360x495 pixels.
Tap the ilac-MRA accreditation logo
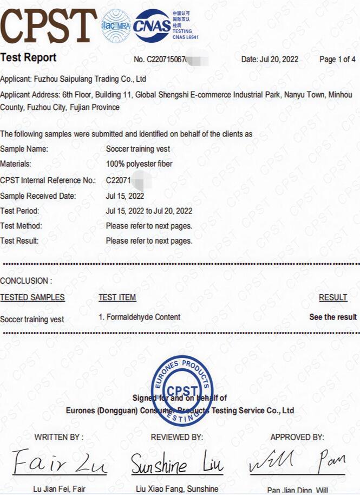point(115,25)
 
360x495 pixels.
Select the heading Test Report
point(28,57)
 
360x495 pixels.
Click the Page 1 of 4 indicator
point(337,60)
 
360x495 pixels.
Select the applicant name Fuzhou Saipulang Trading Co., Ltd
point(91,79)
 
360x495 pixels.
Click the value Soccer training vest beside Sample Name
point(138,149)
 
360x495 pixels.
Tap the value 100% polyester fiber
point(139,164)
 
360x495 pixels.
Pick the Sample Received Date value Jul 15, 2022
point(125,196)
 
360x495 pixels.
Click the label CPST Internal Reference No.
point(48,180)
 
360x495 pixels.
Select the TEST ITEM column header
point(117,297)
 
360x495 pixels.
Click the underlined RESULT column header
point(333,297)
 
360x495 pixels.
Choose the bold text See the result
point(333,317)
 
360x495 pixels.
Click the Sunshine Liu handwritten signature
point(176,465)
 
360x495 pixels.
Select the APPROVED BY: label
point(297,437)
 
